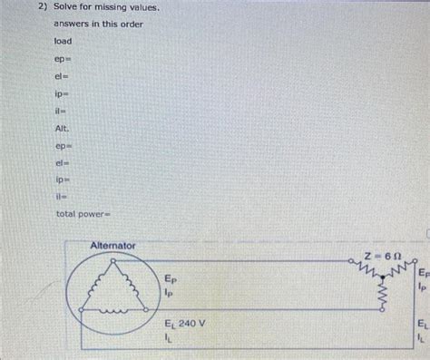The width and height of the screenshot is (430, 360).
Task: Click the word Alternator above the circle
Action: tap(112, 246)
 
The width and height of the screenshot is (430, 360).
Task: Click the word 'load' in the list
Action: tap(62, 42)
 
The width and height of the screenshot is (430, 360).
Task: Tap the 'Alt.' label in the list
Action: tap(62, 130)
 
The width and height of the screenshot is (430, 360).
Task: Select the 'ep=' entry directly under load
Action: tap(62, 64)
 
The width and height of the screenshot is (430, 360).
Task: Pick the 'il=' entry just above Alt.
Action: tap(60, 110)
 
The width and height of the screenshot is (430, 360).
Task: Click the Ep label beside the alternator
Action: tap(171, 279)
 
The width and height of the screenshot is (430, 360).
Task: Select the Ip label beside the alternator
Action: tap(170, 293)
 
